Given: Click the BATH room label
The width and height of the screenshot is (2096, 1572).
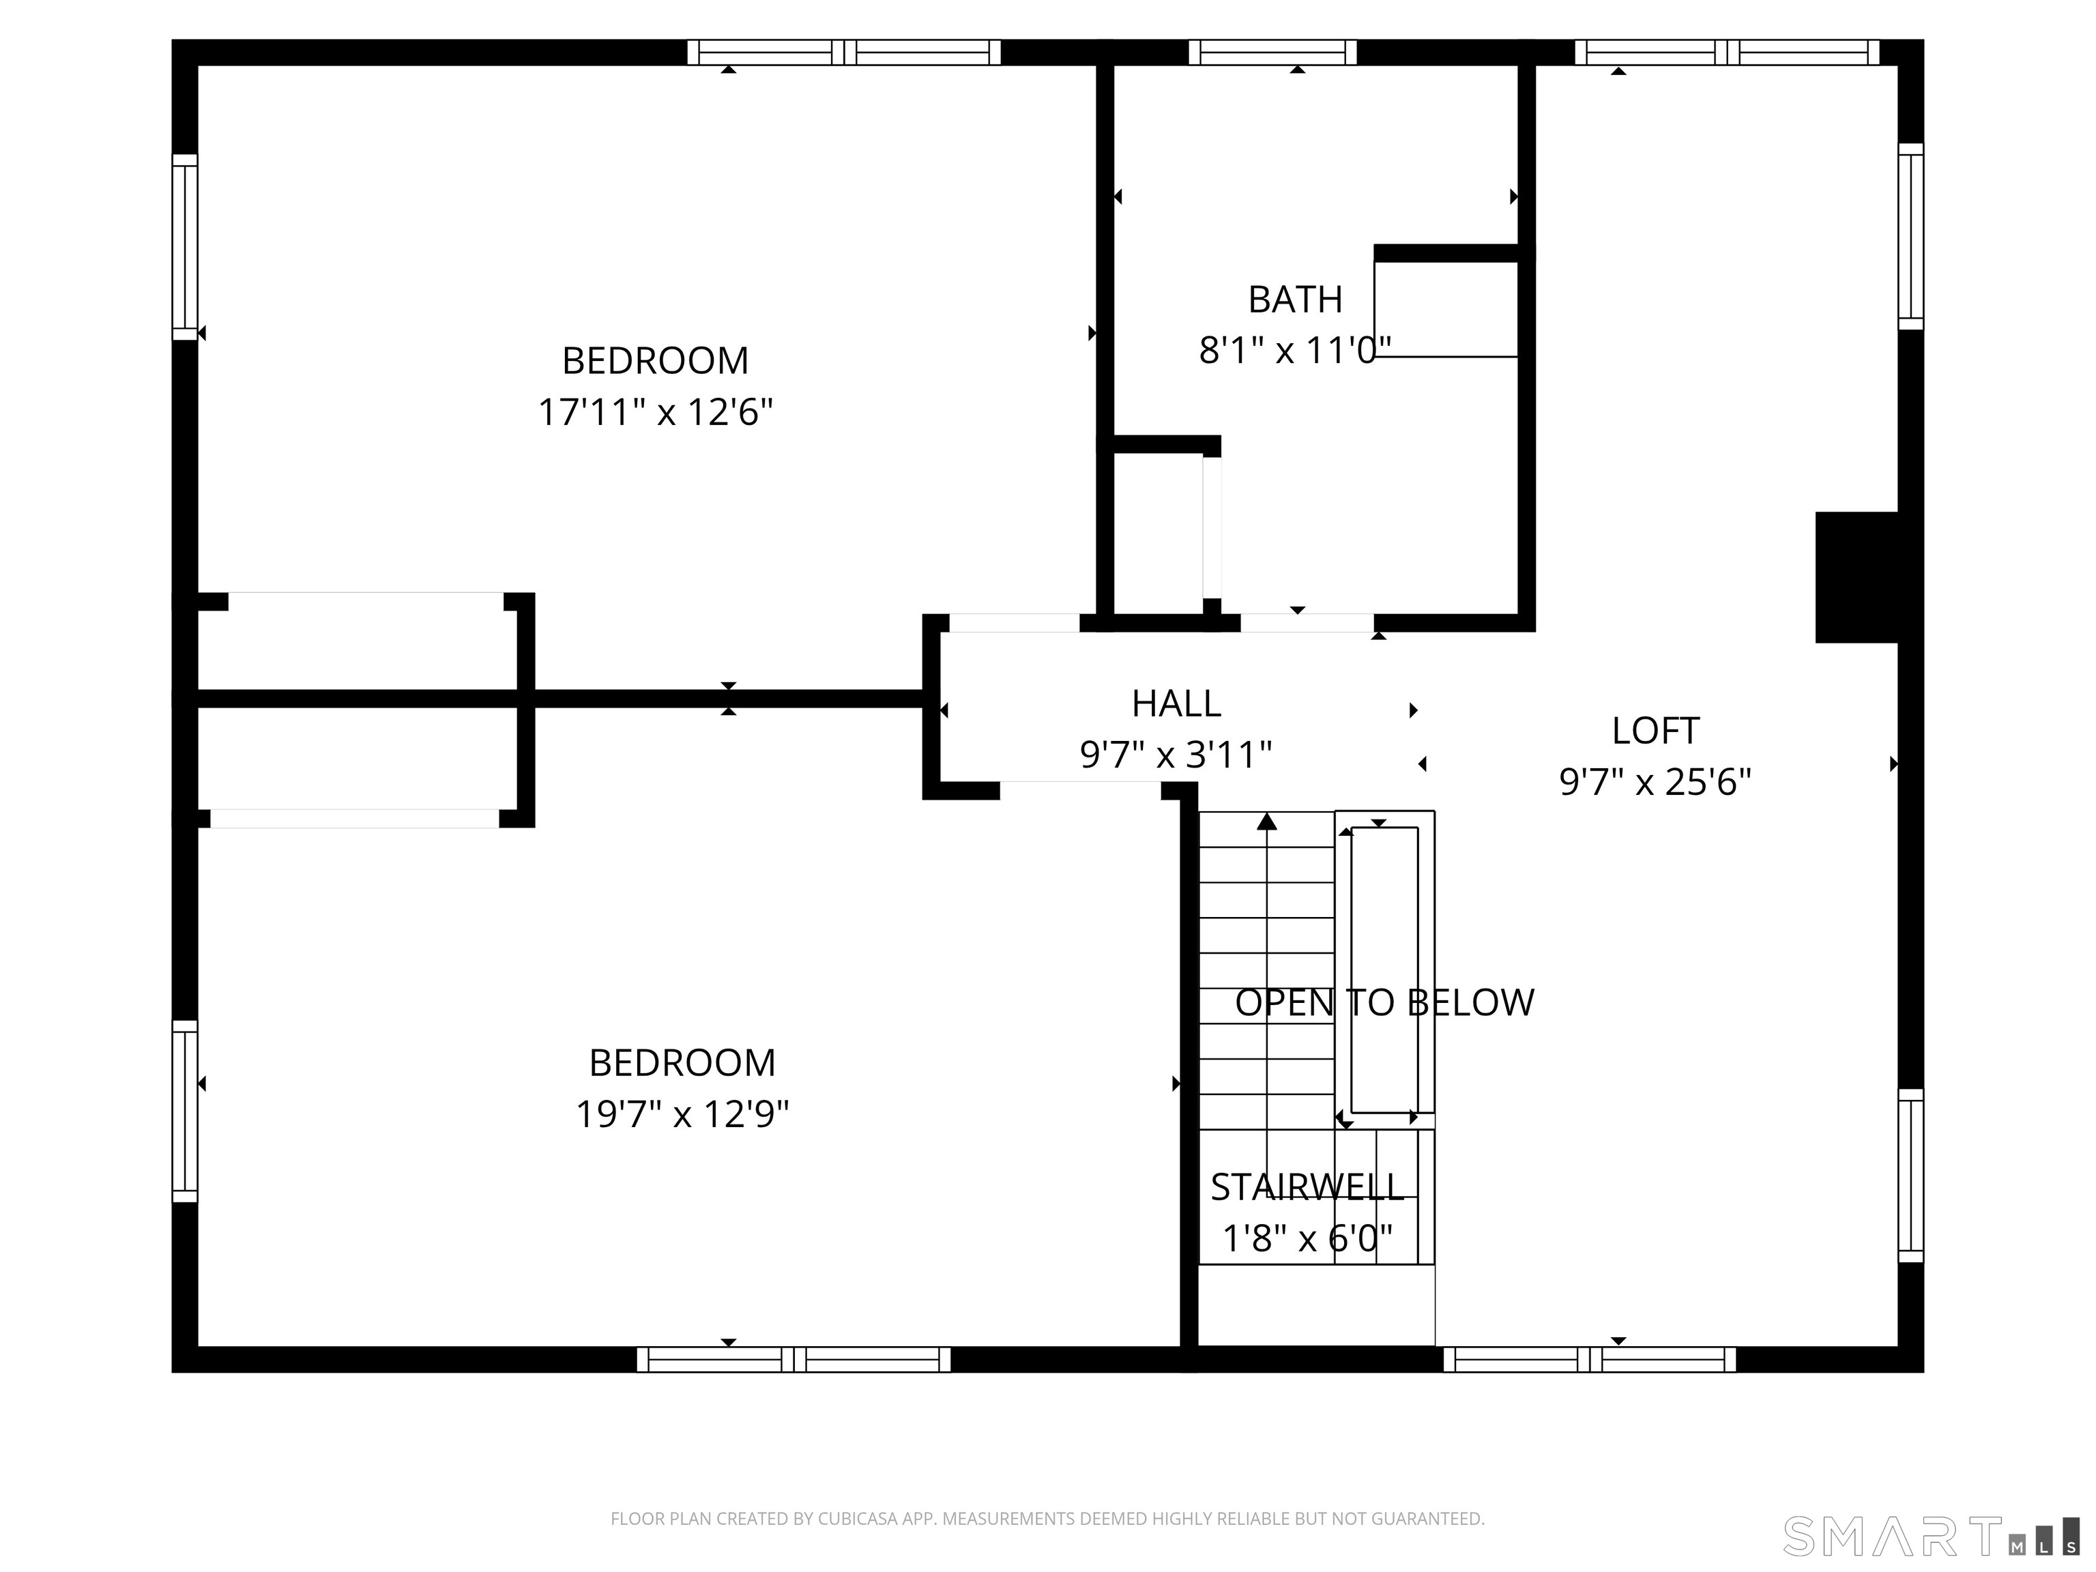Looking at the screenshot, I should point(1294,300).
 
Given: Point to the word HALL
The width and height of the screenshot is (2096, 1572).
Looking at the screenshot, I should point(1176,703).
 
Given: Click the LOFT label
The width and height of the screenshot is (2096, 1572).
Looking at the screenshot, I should point(1655,731).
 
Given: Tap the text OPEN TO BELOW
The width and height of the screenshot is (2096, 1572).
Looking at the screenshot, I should point(1384,1002).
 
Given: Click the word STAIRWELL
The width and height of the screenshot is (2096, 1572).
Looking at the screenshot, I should point(1306,1187).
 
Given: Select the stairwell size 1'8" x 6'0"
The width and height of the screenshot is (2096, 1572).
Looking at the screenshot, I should point(1307,1238).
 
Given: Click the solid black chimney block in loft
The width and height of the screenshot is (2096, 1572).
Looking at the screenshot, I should point(1855,577).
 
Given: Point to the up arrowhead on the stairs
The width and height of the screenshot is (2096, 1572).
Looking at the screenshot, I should point(1267,821).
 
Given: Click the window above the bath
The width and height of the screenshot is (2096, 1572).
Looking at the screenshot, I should point(1272,52).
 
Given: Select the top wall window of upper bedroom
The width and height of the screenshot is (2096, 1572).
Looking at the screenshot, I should point(843,52).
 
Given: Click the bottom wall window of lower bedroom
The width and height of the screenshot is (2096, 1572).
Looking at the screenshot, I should point(793,1360).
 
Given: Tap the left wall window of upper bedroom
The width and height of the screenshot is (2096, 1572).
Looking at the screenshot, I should point(185,246).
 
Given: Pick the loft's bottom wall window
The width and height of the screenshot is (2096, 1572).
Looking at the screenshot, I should point(1589,1360).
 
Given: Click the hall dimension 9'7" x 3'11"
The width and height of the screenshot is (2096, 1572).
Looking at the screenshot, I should point(1175,755).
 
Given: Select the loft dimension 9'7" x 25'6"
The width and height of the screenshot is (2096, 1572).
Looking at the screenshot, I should point(1655,783).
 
